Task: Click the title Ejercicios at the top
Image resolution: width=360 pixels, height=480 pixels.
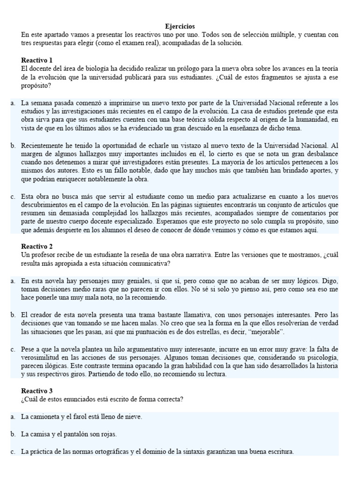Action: pos(180,27)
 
